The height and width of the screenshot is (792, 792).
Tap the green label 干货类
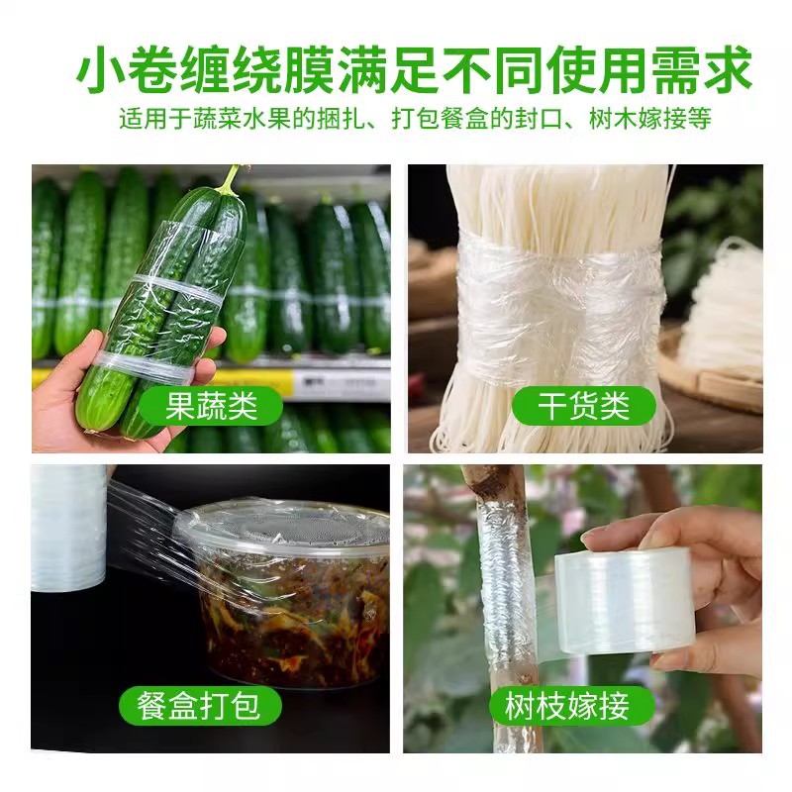point(583,407)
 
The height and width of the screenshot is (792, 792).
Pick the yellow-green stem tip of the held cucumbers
point(230,179)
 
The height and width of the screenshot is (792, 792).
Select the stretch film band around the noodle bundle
point(559,297)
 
